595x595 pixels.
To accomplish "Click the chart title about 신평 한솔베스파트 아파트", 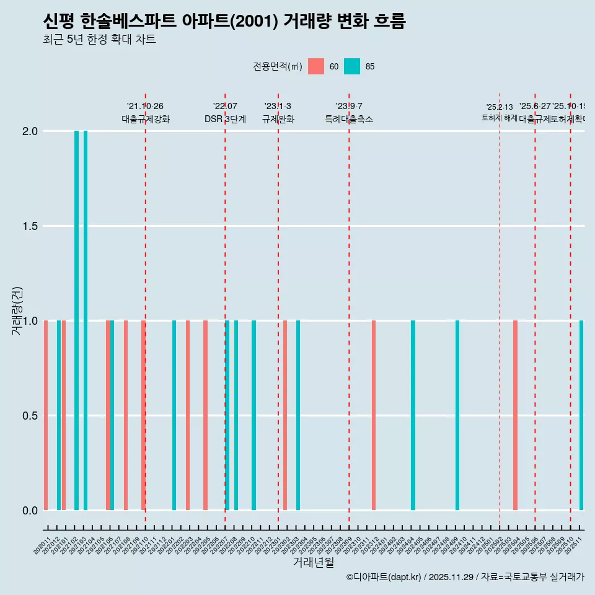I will pyautogui.click(x=224, y=22).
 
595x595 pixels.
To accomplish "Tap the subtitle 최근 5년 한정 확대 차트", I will pyautogui.click(x=99, y=40).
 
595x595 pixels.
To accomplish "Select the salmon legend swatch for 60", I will pyautogui.click(x=316, y=66).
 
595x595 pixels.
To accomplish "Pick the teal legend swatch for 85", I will pyautogui.click(x=352, y=66).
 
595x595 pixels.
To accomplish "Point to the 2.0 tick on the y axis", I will pyautogui.click(x=31, y=131).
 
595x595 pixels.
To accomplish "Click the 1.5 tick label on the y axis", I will pyautogui.click(x=31, y=226).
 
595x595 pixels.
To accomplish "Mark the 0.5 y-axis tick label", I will pyautogui.click(x=31, y=416).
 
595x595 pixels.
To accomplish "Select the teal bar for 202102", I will pyautogui.click(x=77, y=320).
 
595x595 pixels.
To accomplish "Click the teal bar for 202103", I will pyautogui.click(x=86, y=320).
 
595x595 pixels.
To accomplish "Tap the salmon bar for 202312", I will pyautogui.click(x=374, y=415).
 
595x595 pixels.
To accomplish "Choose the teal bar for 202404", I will pyautogui.click(x=413, y=415).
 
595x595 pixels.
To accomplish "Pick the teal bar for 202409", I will pyautogui.click(x=457, y=415).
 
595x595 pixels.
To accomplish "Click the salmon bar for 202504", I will pyautogui.click(x=515, y=415).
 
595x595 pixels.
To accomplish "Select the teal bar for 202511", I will pyautogui.click(x=581, y=415).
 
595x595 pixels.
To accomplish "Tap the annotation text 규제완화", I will pyautogui.click(x=278, y=120).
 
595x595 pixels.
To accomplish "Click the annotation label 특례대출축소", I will pyautogui.click(x=349, y=120).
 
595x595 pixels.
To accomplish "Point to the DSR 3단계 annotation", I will pyautogui.click(x=225, y=120).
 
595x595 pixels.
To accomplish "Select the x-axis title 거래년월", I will pyautogui.click(x=313, y=563).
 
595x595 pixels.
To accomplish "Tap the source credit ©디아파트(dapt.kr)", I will pyautogui.click(x=384, y=577).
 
